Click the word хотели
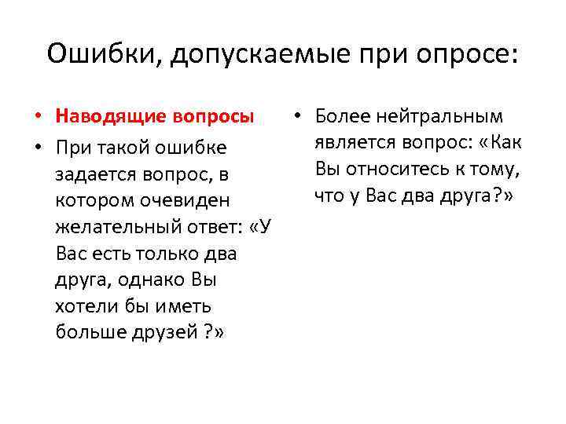[x=85, y=306]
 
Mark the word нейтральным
[x=430, y=117]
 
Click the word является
[x=354, y=143]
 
